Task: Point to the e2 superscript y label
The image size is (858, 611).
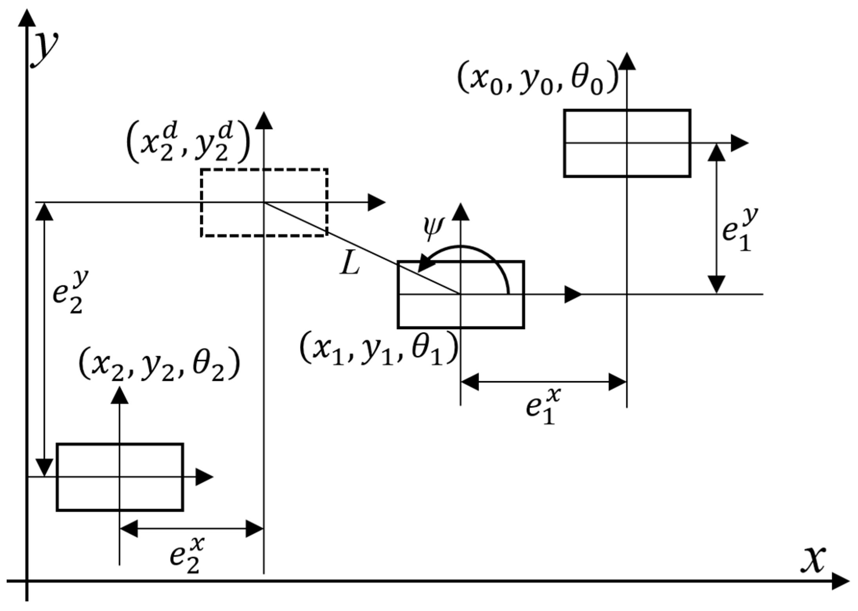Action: click(70, 292)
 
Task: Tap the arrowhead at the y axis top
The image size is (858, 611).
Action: click(26, 18)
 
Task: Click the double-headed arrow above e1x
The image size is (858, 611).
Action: click(544, 382)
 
